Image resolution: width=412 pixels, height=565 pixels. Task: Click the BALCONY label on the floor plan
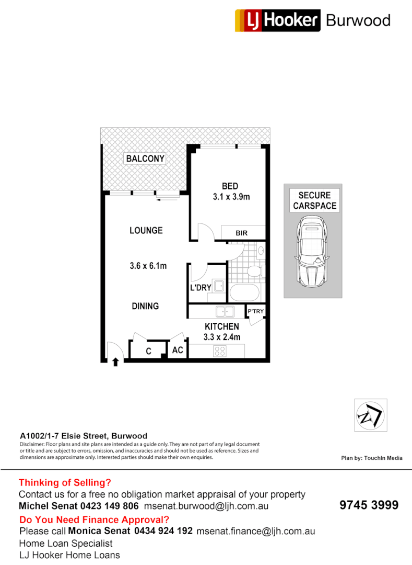145,159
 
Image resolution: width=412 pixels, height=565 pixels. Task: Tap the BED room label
230,186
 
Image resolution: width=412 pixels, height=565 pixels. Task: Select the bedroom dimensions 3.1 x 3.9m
231,197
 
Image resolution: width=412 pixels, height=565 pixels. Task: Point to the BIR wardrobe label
241,233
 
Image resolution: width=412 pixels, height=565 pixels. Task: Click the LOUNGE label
146,230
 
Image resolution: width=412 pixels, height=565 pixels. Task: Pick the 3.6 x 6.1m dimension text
148,266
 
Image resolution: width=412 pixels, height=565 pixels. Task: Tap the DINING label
145,306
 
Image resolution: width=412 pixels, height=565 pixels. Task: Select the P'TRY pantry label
256,312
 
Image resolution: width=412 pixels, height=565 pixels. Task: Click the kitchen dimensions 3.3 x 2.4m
222,337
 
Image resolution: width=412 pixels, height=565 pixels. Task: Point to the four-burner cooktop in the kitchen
220,352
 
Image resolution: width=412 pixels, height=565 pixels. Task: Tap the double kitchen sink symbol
225,312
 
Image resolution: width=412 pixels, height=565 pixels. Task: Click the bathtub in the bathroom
244,292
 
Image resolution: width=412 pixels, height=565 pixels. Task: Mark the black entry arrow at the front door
115,360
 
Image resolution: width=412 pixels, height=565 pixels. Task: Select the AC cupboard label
178,350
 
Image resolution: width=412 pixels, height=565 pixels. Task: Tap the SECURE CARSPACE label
314,200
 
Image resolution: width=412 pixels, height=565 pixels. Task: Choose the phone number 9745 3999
369,505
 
